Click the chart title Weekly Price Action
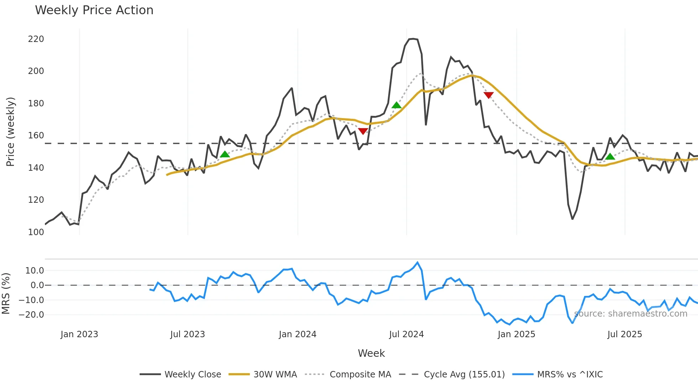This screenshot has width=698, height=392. (94, 10)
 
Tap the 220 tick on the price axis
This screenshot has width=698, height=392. (36, 39)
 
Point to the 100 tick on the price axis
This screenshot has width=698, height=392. (36, 232)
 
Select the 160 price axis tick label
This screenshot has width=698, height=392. (36, 136)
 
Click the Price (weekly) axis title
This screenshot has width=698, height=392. (11, 132)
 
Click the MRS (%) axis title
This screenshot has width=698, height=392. (6, 293)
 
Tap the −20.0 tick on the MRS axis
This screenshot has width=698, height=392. (31, 315)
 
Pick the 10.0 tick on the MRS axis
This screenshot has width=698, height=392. (35, 271)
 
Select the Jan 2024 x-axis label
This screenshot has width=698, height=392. (297, 334)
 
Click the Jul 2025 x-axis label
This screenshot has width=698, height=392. (625, 334)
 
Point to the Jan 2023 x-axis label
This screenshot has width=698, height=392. (79, 334)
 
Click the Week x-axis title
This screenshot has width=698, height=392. (371, 353)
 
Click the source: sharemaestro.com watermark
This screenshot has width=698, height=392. (631, 314)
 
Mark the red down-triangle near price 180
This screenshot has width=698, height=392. (489, 95)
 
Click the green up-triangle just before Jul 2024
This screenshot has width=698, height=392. (396, 105)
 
